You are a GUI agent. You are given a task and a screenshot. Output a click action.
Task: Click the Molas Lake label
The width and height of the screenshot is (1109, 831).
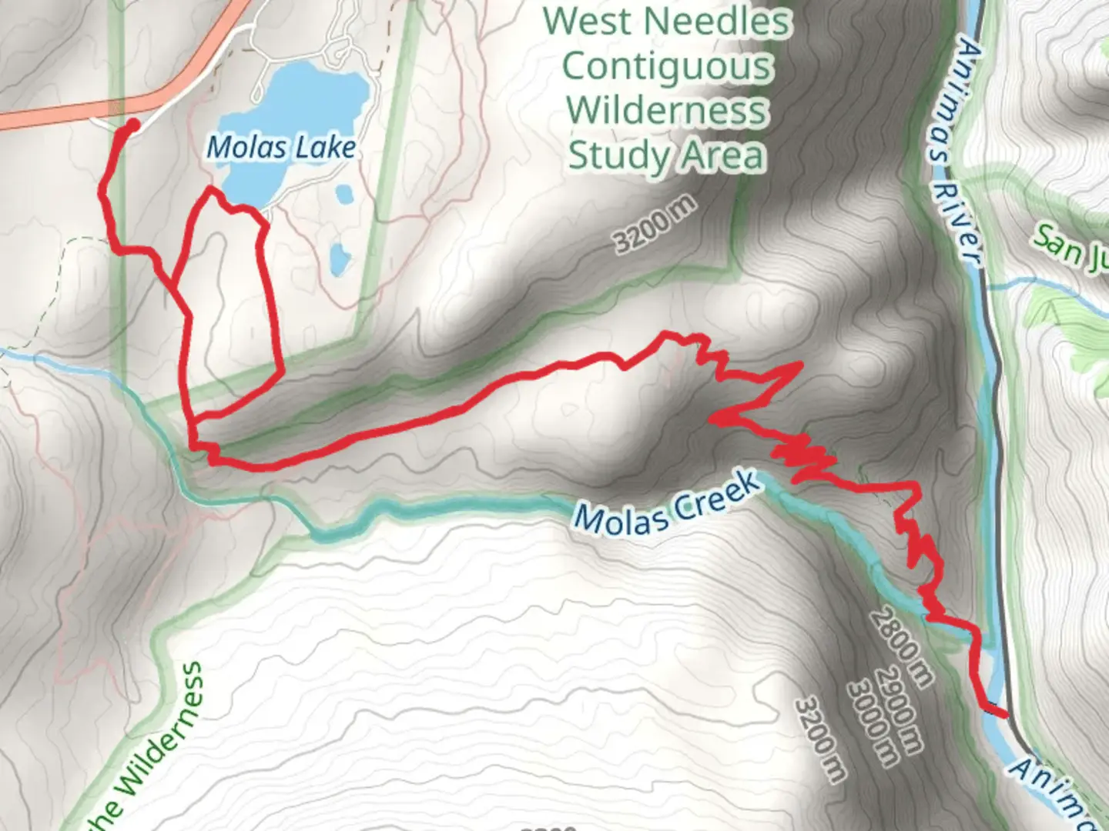point(282,147)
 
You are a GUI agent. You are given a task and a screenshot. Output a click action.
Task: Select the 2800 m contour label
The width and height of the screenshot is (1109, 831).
point(901,647)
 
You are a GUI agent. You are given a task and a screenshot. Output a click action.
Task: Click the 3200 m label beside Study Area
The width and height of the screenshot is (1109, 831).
point(655,225)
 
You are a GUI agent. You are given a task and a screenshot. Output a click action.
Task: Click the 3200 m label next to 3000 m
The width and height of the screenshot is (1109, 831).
point(821,739)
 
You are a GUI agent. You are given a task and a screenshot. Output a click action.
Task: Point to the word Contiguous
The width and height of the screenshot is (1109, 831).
point(667,66)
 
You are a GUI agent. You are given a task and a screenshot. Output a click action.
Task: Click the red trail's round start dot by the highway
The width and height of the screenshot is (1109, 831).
point(132,124)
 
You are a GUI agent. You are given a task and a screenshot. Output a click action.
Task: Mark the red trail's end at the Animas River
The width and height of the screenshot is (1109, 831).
point(1004,715)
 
